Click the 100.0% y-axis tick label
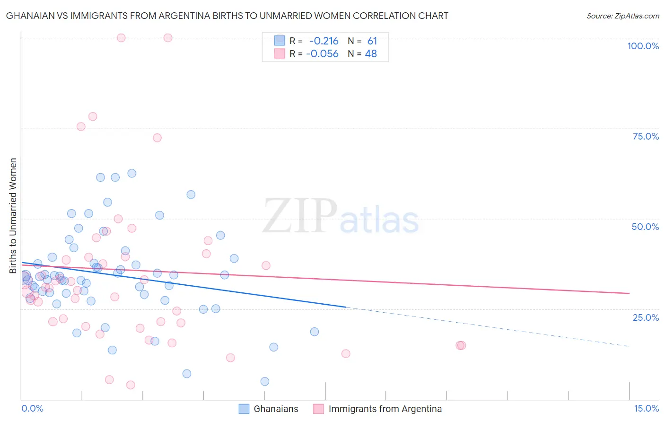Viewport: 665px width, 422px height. point(643,46)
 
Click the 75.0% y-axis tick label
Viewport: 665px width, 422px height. point(646,136)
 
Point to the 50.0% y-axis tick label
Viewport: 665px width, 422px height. point(645,227)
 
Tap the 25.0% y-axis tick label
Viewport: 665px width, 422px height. point(646,317)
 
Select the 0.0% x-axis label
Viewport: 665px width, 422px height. point(32,408)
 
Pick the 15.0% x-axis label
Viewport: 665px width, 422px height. point(646,408)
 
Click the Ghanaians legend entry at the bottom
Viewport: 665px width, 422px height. point(276,409)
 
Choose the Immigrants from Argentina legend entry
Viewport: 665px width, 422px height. point(385,409)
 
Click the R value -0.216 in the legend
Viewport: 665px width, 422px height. point(324,41)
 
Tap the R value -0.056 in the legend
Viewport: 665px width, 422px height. point(322,54)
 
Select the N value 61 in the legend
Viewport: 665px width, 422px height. point(372,41)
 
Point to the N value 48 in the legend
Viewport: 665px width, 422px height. point(371,54)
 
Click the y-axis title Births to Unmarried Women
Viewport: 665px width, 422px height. point(13,216)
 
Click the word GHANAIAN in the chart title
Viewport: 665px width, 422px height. point(29,16)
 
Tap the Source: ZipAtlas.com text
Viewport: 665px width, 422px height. point(622,16)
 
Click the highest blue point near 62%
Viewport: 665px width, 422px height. point(132,173)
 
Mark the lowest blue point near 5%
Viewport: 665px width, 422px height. point(265,381)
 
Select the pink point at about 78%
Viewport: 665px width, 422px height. point(93,116)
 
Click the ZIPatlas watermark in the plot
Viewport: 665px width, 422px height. point(341,217)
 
